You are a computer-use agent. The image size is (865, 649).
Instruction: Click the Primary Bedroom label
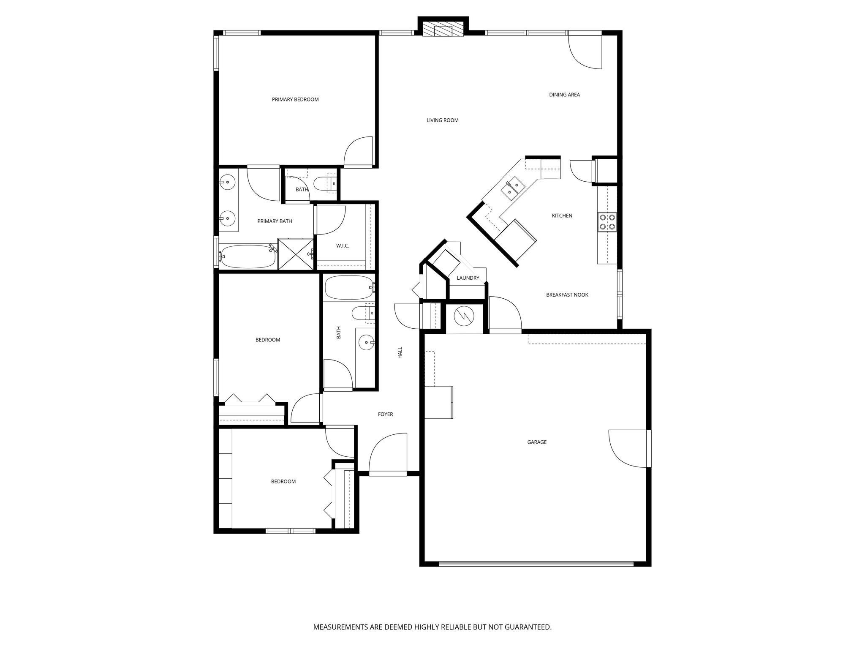coord(295,100)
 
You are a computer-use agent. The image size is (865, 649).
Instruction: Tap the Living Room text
coord(442,120)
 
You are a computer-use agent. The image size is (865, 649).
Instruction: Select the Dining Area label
coord(564,95)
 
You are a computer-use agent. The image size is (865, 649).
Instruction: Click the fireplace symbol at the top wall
coord(443,30)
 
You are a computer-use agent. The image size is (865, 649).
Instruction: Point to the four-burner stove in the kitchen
coord(607,222)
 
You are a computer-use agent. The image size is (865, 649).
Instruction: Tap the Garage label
coord(537,442)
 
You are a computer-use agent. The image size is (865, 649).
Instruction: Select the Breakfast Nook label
coord(567,295)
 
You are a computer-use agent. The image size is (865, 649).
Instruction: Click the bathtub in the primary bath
coord(247,256)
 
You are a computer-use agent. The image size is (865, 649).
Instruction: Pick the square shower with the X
coord(296,254)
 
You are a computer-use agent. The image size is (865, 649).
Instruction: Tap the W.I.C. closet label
coord(343,246)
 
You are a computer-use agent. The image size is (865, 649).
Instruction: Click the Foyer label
coord(385,414)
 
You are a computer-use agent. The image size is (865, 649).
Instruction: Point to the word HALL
coord(400,353)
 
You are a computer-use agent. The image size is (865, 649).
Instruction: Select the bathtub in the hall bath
coord(349,287)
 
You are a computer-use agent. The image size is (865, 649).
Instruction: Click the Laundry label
coord(468,278)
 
